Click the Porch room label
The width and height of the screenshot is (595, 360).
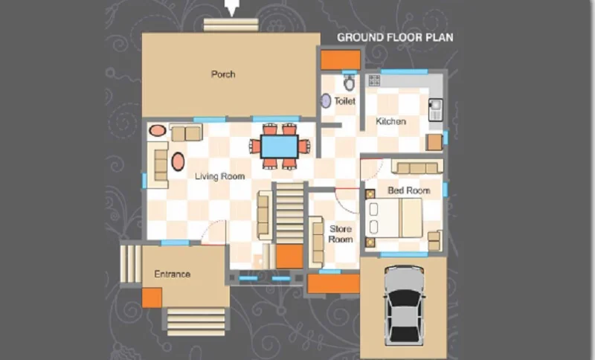tap(223, 74)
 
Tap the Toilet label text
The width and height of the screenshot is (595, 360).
tap(344, 101)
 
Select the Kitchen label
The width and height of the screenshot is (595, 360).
tap(391, 121)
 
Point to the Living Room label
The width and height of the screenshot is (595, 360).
tap(219, 176)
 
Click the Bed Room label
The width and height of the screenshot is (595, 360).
tap(408, 190)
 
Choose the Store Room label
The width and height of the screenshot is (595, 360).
tap(341, 234)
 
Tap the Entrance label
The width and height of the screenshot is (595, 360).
tap(173, 274)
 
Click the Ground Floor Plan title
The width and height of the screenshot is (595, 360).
tap(395, 37)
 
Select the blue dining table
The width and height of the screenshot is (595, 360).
tap(280, 147)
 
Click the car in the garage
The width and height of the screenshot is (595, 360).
tap(404, 306)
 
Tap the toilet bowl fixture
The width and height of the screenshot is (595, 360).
tap(349, 83)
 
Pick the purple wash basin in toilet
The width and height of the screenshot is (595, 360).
tap(326, 101)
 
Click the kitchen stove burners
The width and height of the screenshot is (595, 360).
tap(374, 80)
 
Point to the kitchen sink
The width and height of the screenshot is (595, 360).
tap(435, 109)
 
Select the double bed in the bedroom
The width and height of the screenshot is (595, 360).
tap(394, 218)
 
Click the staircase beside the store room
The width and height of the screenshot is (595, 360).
tap(289, 213)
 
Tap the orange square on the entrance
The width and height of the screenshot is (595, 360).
tap(152, 298)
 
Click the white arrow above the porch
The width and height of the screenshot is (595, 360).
tap(231, 7)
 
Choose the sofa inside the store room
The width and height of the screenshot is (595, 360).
tap(315, 242)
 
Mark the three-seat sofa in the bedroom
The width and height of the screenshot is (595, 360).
tap(417, 167)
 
